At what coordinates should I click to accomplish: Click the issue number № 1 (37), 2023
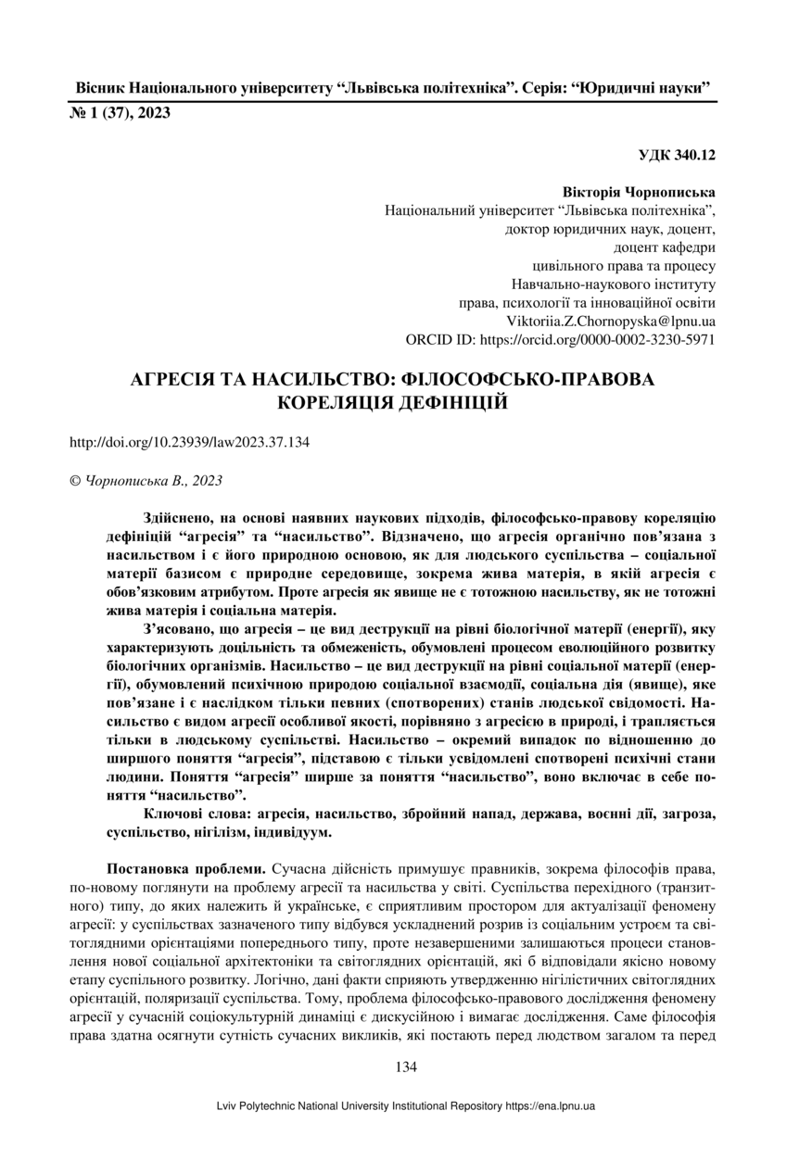coord(120,114)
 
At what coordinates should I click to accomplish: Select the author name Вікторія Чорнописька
coord(639,193)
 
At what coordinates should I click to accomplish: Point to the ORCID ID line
coord(560,340)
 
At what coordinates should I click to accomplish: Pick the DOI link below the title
coord(189,442)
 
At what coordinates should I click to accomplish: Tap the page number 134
coord(406,1067)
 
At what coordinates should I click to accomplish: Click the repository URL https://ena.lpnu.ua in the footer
coord(550,1106)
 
